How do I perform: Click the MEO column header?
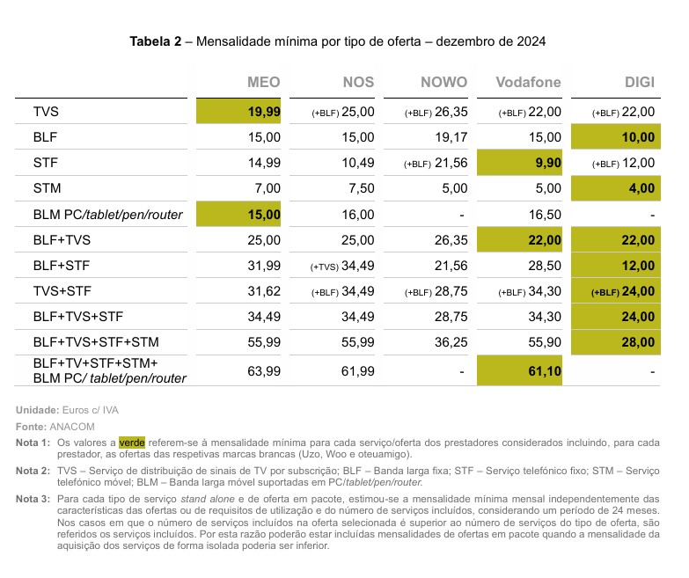click(x=264, y=82)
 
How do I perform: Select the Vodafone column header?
click(x=528, y=82)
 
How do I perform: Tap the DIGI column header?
click(x=640, y=82)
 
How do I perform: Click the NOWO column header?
click(x=443, y=82)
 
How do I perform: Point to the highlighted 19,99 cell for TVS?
click(x=238, y=111)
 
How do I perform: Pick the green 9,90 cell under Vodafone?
click(x=519, y=163)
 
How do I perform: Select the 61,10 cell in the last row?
click(x=519, y=371)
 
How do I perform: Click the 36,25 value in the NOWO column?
click(x=451, y=342)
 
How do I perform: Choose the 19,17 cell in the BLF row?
click(x=451, y=137)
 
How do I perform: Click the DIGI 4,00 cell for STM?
click(x=616, y=188)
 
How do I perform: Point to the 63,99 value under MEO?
click(x=264, y=371)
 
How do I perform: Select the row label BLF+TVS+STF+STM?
click(x=96, y=342)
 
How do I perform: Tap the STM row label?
click(x=47, y=188)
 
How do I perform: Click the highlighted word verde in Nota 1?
click(x=132, y=443)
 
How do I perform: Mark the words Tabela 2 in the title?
click(x=156, y=41)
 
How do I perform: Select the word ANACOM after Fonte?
click(x=72, y=427)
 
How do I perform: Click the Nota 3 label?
click(x=33, y=499)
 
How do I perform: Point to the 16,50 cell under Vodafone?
click(x=545, y=215)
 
